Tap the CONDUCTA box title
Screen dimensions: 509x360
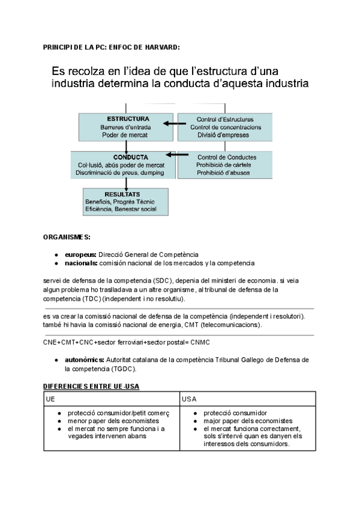[125, 157]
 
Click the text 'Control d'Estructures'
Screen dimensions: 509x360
[225, 119]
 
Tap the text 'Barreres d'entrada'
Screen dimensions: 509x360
[125, 127]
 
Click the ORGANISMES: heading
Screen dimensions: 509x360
[67, 238]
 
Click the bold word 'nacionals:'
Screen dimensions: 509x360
[81, 263]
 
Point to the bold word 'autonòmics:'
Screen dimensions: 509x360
[85, 360]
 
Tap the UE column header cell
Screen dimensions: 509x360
[50, 399]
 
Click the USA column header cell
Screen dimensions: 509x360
[190, 399]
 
